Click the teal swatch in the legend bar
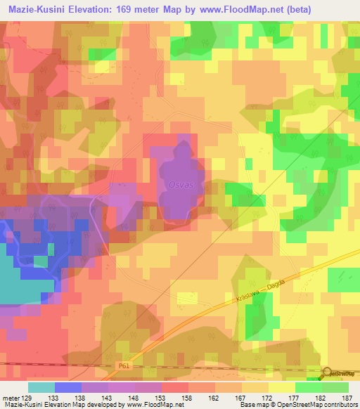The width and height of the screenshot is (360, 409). point(41,387)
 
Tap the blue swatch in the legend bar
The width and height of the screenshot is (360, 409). point(68,387)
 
